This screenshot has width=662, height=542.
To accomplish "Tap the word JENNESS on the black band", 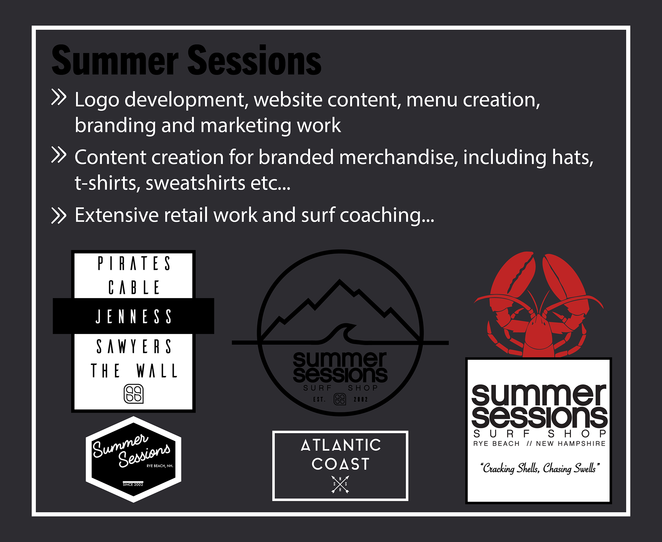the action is pyautogui.click(x=134, y=316).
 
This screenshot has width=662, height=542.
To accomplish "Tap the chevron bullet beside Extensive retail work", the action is pyautogui.click(x=59, y=216).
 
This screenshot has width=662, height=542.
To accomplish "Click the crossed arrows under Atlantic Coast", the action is pyautogui.click(x=340, y=484).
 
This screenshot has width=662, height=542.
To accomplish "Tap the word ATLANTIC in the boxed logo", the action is pyautogui.click(x=341, y=445).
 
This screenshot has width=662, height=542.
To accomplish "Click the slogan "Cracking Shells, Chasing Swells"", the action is pyautogui.click(x=540, y=468).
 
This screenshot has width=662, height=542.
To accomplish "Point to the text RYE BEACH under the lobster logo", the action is pyautogui.click(x=496, y=444).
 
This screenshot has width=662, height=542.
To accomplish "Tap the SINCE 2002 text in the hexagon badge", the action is pyautogui.click(x=133, y=484).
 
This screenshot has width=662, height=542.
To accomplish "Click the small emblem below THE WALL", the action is pyautogui.click(x=134, y=394).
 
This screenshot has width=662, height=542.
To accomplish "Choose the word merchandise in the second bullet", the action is pyautogui.click(x=399, y=157).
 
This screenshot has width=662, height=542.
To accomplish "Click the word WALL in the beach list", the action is pyautogui.click(x=157, y=371).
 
